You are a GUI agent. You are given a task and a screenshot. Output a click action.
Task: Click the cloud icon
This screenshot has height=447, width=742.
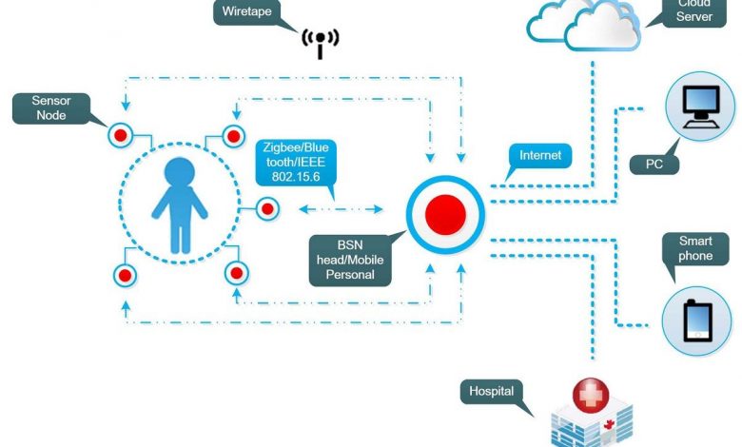[585, 27]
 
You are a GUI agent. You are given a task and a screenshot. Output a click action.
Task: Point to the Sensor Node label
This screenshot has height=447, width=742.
[51, 107]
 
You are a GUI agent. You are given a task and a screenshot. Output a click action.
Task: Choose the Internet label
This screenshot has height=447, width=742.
[539, 155]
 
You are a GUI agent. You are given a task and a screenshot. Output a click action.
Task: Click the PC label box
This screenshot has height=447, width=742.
[654, 164]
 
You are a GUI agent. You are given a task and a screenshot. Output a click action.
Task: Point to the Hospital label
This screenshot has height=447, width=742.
[491, 391]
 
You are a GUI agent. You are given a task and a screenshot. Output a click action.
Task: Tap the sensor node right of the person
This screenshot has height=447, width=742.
[267, 208]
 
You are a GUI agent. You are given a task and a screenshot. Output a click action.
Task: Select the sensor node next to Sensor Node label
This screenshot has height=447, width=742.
[120, 134]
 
